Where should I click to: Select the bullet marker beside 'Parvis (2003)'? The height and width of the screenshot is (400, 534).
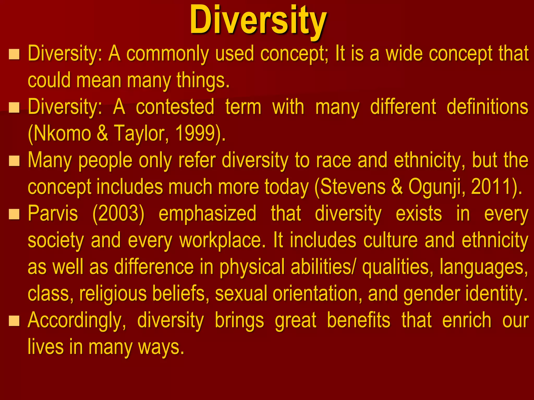point(14,214)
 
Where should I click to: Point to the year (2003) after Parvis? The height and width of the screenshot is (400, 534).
point(118,214)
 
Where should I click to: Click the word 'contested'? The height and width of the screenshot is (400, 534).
point(175,107)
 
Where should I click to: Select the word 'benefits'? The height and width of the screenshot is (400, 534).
point(359,320)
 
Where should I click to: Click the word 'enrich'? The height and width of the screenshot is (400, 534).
point(467,320)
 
